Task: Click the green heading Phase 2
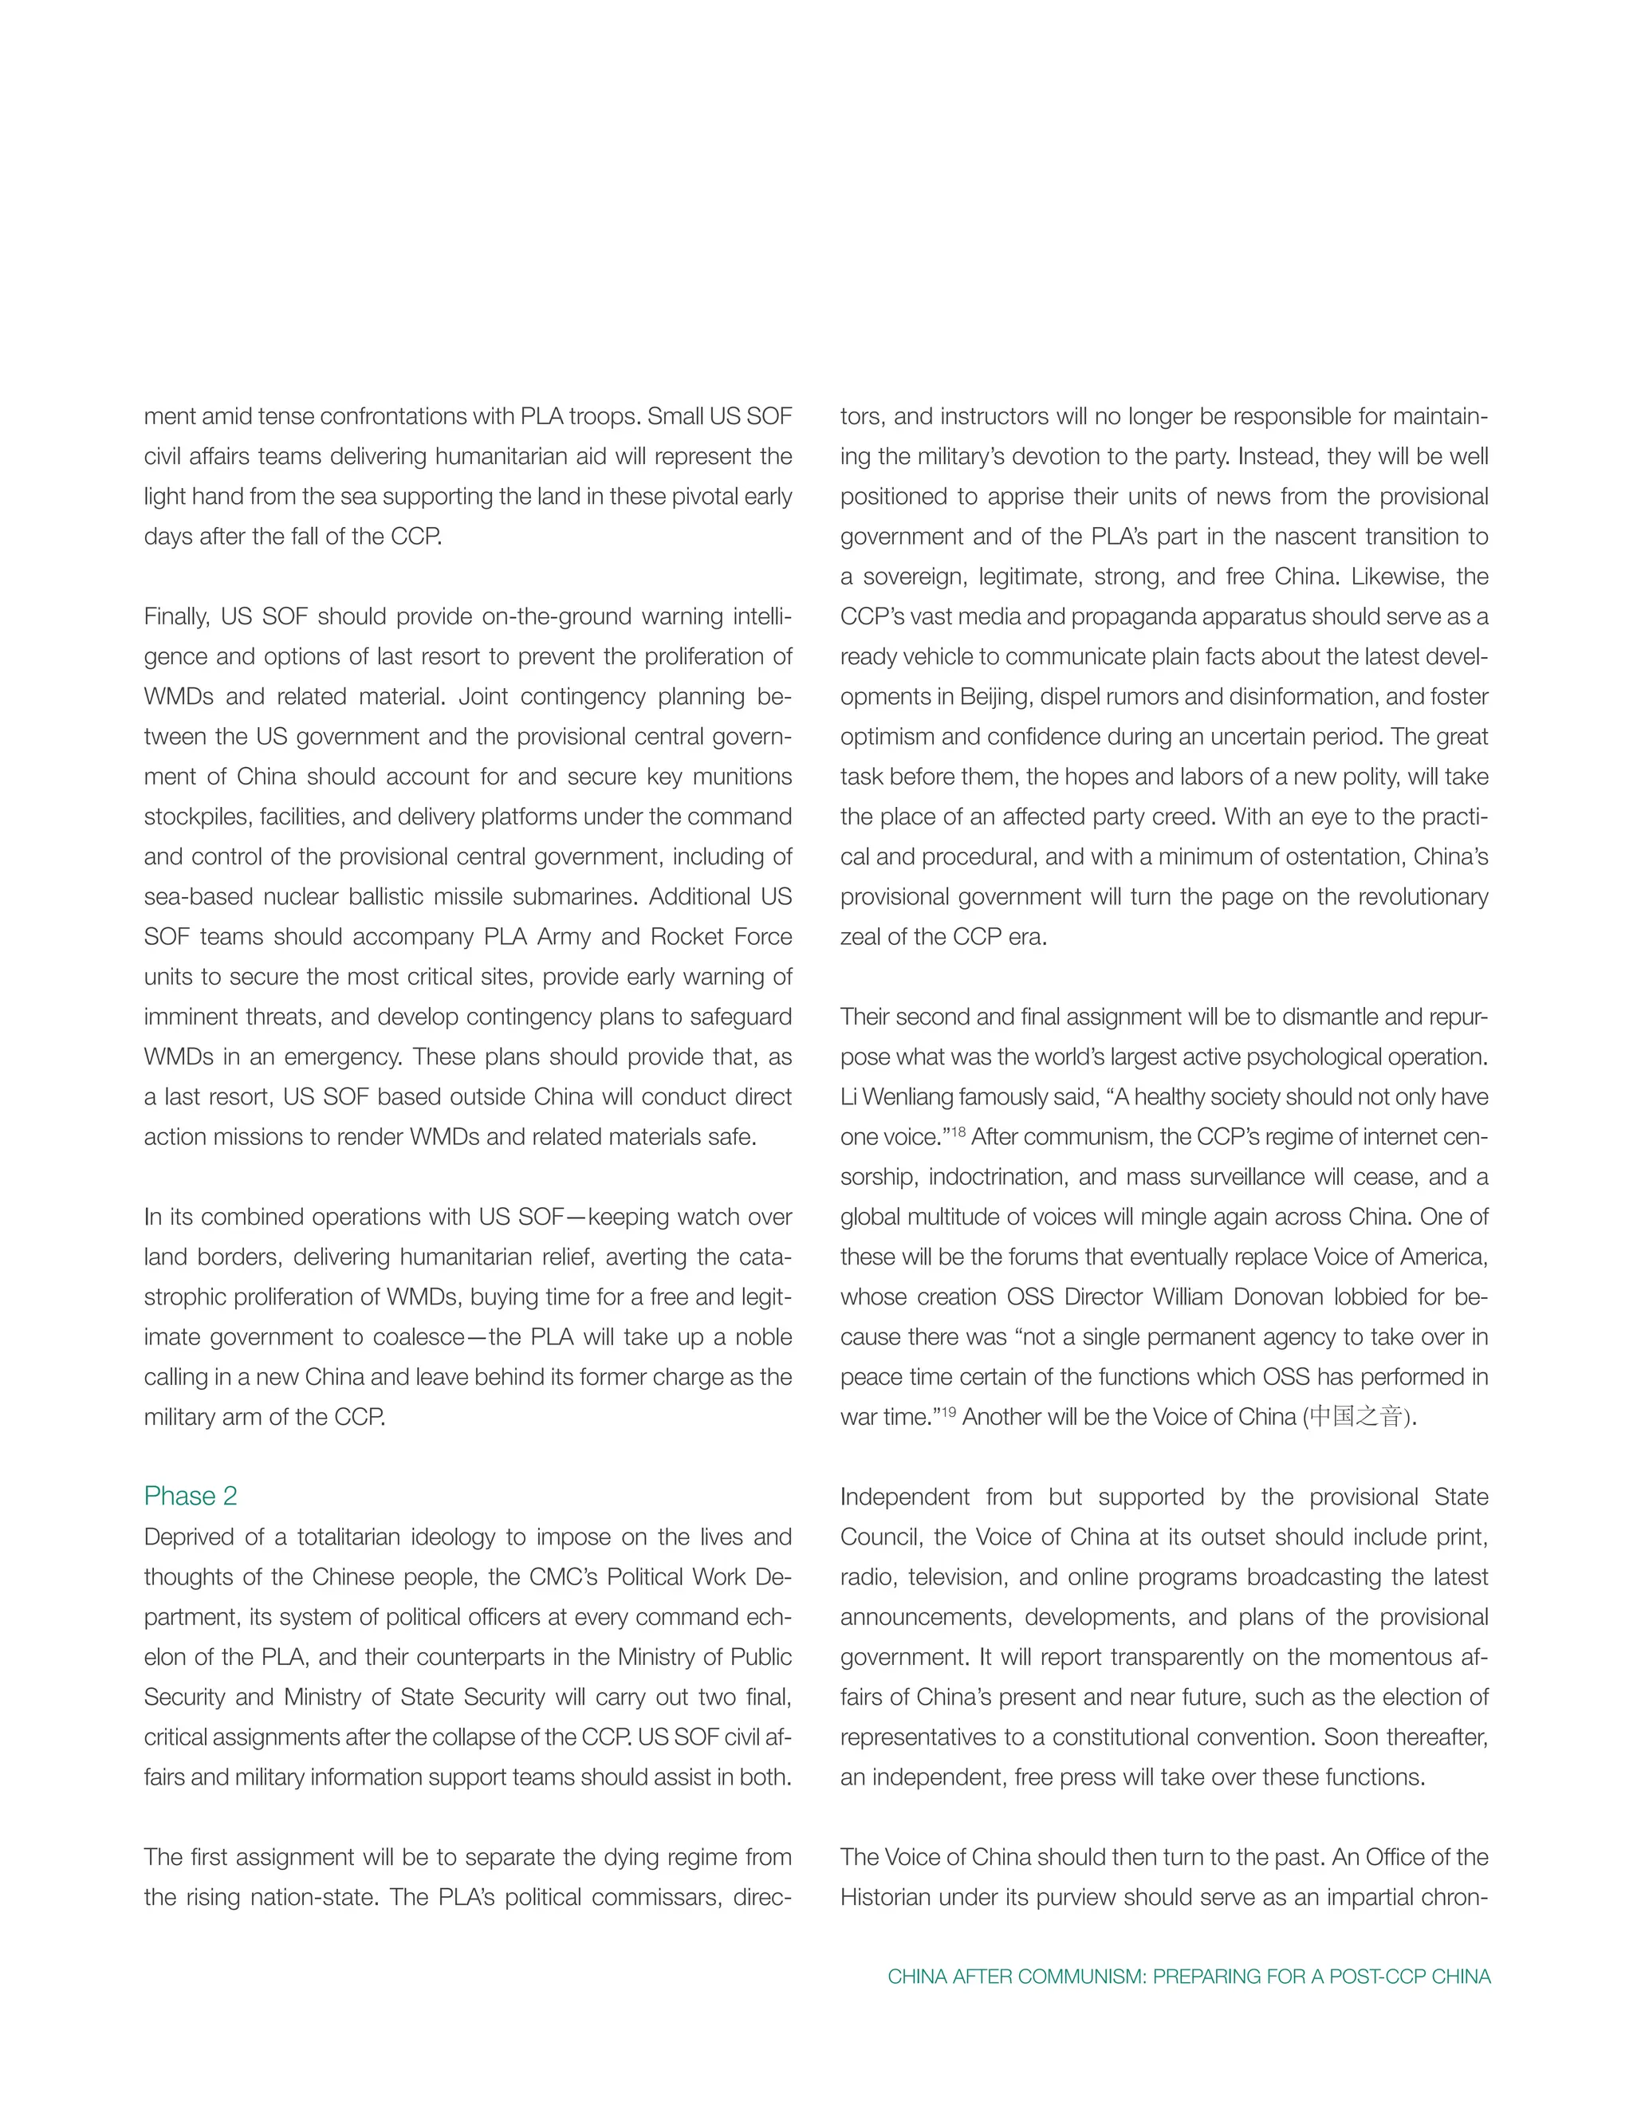click(191, 1496)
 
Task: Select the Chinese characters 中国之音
click(1356, 1418)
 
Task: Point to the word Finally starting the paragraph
click(178, 616)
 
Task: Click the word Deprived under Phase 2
click(187, 1537)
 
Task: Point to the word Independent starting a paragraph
click(903, 1497)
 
